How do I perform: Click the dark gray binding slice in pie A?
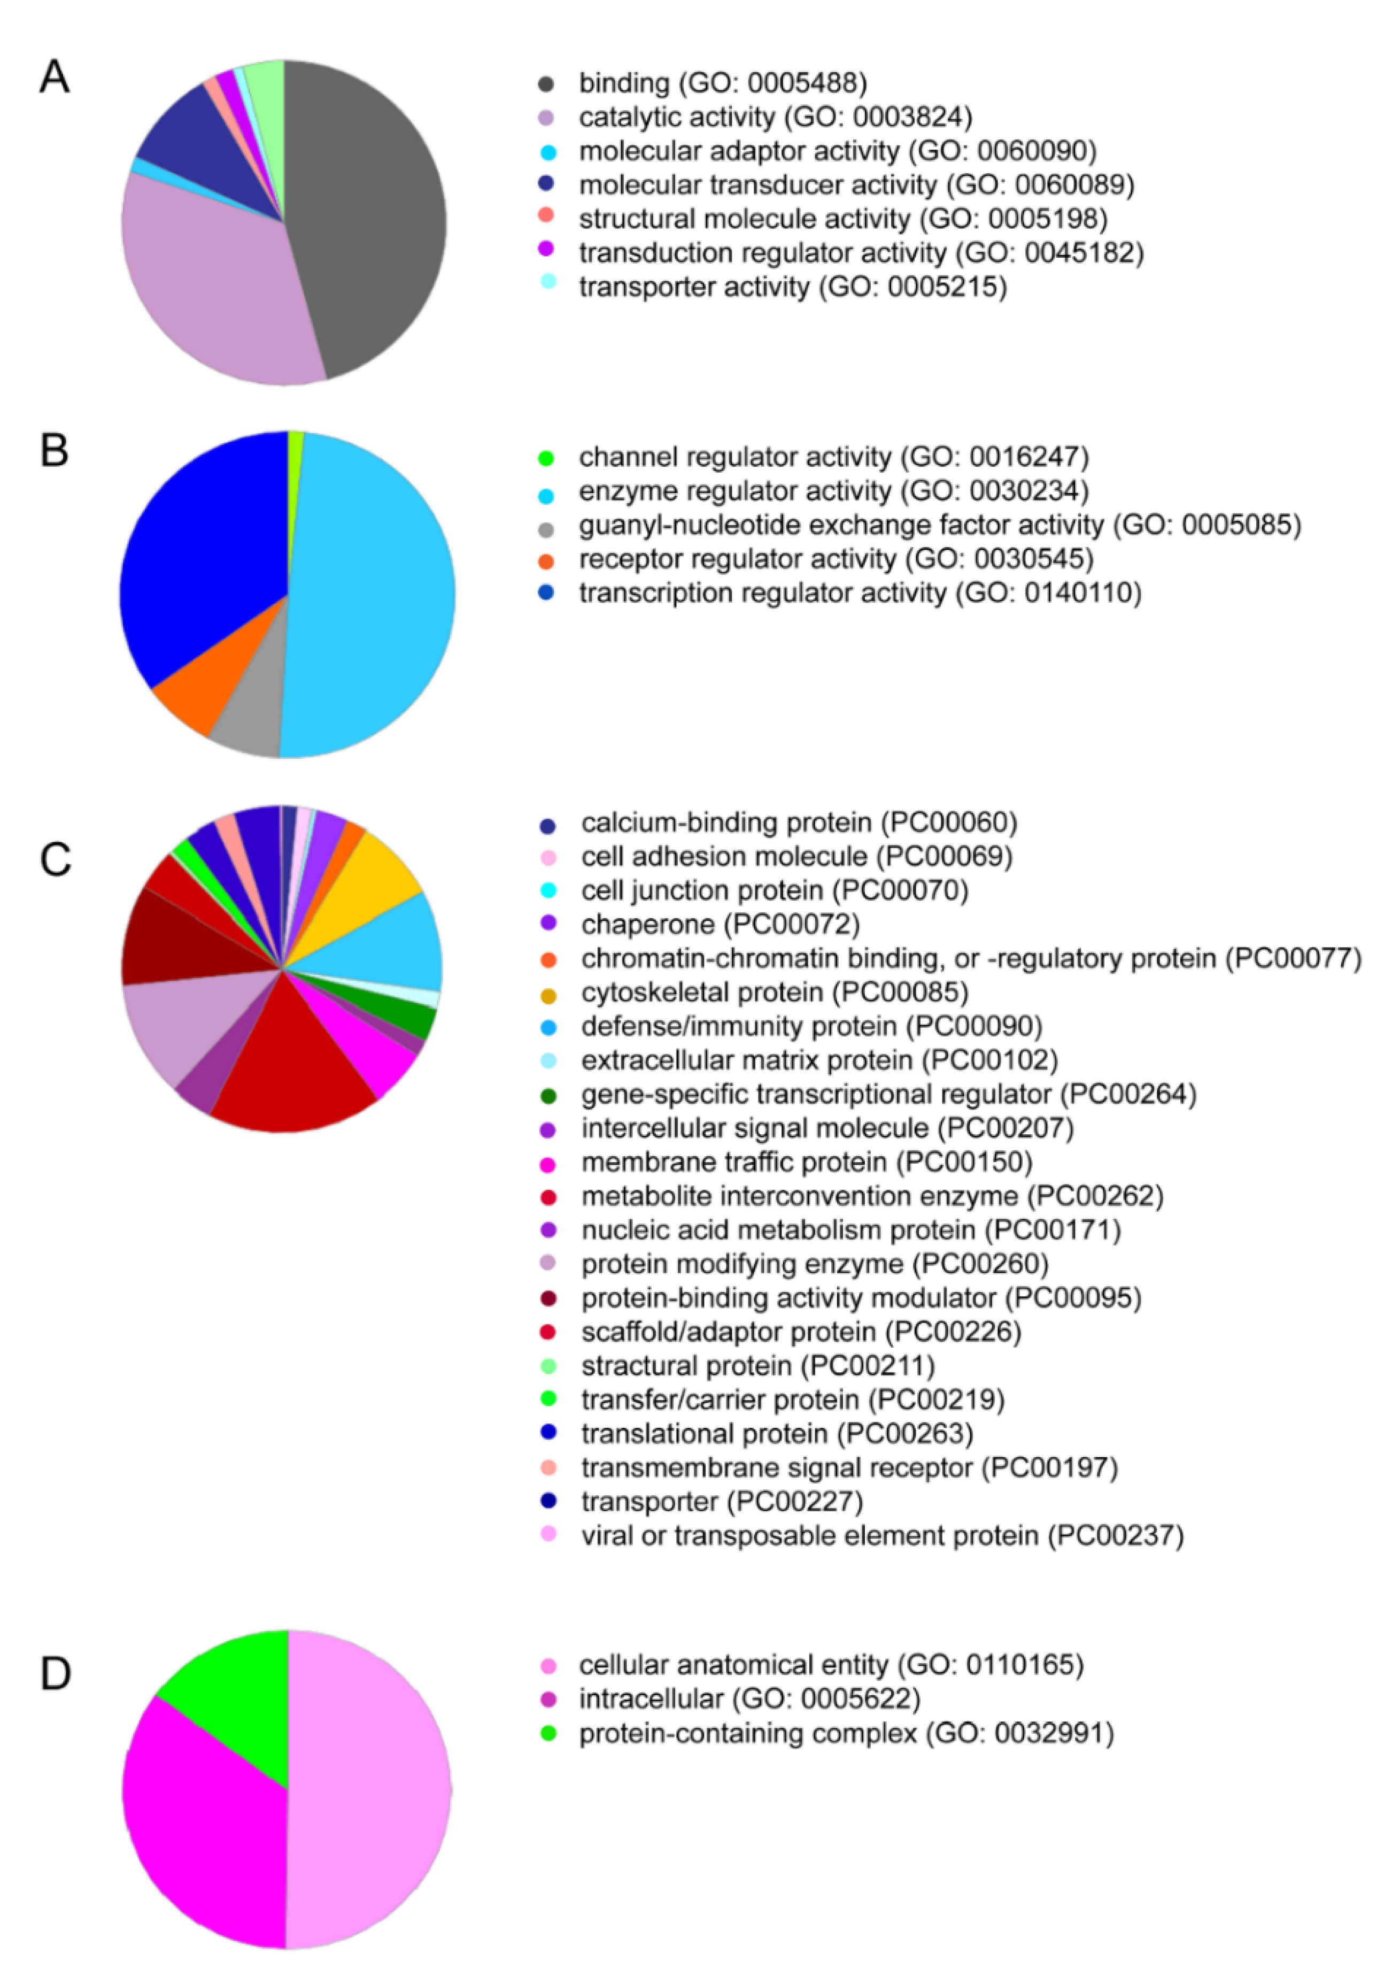[x=370, y=215]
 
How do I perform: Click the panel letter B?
[x=54, y=450]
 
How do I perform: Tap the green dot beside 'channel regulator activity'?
[x=545, y=459]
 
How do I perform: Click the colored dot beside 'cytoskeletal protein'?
[x=548, y=995]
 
